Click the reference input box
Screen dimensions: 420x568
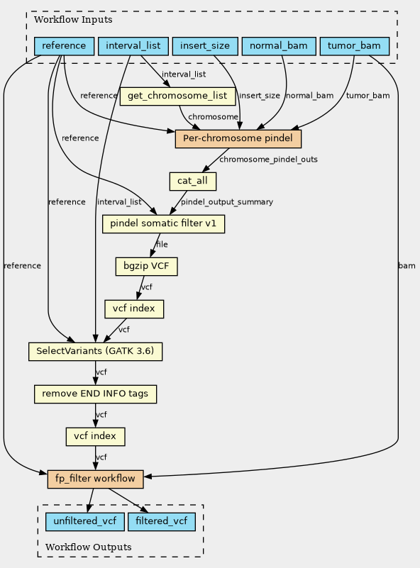tap(64, 46)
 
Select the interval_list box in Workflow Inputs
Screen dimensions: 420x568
tap(133, 46)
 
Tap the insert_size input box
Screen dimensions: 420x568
tap(205, 46)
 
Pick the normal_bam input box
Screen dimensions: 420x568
tap(279, 46)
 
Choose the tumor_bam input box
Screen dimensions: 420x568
tap(355, 46)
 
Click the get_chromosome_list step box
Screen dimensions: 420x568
tap(177, 96)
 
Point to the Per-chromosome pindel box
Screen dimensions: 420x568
tap(238, 139)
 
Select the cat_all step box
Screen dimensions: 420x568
tap(193, 181)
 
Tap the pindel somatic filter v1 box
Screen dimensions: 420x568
tap(163, 224)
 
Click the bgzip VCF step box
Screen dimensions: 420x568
tap(146, 266)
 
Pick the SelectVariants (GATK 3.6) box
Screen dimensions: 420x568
tap(95, 352)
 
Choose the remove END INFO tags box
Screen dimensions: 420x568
tap(95, 394)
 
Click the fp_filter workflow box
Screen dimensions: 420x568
tap(95, 479)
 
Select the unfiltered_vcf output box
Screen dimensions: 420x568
tap(85, 522)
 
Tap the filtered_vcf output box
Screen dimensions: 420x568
tap(162, 522)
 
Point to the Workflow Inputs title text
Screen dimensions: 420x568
tap(73, 20)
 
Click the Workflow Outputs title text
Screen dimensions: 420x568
tap(89, 547)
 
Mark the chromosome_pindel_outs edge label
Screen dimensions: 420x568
tap(268, 160)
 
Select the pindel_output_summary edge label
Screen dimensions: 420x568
tap(227, 202)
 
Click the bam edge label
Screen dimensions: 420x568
tap(407, 266)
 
